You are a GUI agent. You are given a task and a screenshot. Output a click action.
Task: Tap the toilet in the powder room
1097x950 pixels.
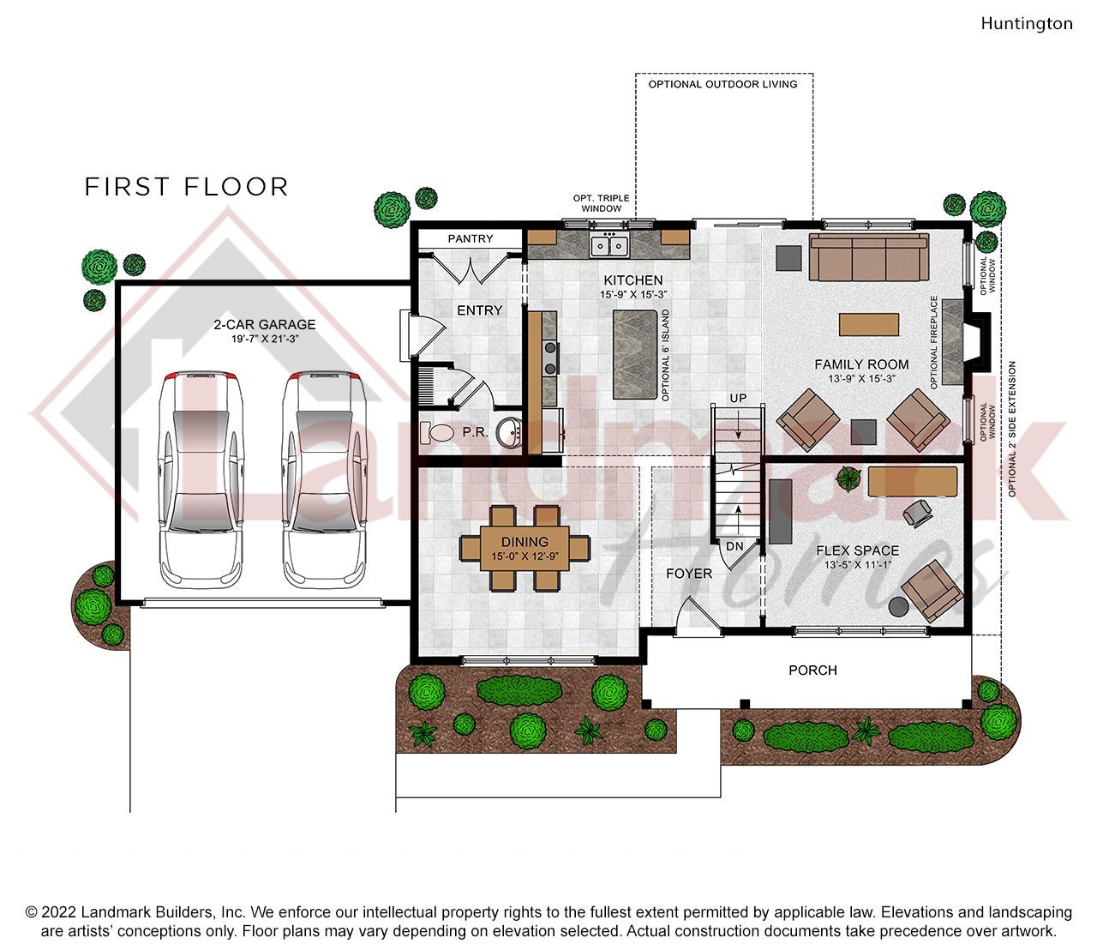click(437, 433)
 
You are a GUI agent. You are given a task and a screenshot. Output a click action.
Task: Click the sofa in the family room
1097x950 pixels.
click(869, 257)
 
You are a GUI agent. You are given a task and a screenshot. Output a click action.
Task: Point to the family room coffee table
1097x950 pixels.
click(869, 325)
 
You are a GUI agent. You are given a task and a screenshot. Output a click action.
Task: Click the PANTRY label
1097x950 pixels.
click(471, 238)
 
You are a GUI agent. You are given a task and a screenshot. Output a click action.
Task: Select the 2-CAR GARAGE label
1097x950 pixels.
click(265, 324)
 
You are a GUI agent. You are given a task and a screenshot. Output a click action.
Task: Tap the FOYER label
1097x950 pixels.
click(689, 573)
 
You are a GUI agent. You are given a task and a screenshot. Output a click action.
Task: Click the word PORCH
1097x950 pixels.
click(812, 670)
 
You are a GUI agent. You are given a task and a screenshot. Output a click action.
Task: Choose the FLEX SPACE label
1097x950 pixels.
click(857, 550)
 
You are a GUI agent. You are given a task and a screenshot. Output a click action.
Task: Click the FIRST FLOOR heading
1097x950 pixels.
click(186, 187)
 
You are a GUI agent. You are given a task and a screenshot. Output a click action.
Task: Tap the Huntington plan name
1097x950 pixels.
click(1027, 23)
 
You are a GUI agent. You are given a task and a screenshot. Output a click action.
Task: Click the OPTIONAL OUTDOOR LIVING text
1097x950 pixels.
click(722, 84)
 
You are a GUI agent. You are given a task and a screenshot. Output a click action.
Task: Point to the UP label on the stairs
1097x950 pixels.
click(738, 399)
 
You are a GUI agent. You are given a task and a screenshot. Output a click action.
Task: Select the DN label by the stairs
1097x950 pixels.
click(734, 546)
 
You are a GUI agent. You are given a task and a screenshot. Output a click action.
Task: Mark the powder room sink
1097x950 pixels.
click(512, 431)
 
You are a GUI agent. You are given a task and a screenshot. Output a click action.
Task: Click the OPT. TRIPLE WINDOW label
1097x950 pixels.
click(601, 203)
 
